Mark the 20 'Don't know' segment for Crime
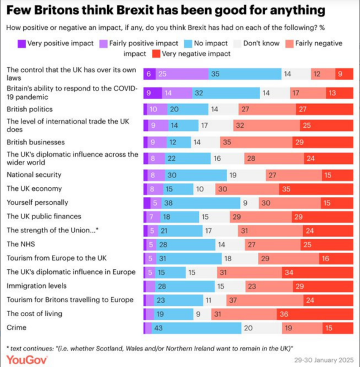[x=264, y=328]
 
